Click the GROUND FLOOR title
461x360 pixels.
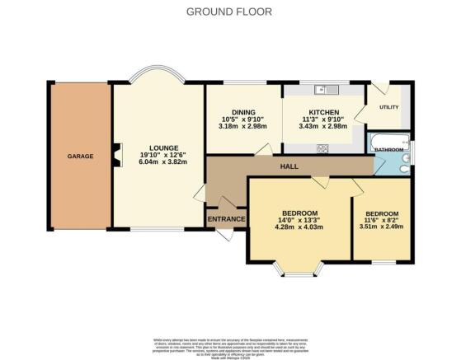(x=230, y=11)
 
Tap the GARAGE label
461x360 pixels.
(x=80, y=157)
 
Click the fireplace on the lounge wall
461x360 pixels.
(x=116, y=155)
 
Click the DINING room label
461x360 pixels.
(x=242, y=112)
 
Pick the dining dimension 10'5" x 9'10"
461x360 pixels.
(x=242, y=119)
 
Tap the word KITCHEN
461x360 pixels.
(x=323, y=112)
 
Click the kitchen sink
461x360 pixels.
(x=323, y=90)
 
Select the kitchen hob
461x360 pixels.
(x=323, y=148)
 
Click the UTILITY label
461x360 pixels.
(x=388, y=108)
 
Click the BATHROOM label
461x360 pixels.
(x=389, y=150)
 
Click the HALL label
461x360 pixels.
(x=288, y=166)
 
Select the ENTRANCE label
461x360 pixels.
(x=225, y=219)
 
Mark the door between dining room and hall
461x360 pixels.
(x=263, y=149)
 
